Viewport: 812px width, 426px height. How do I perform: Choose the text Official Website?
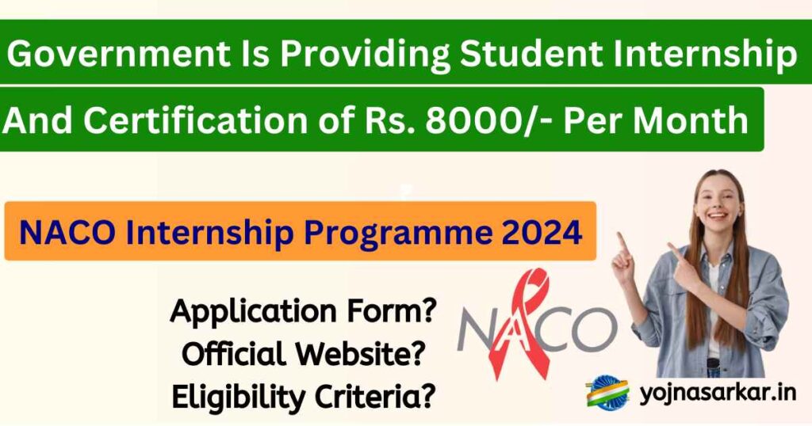303,354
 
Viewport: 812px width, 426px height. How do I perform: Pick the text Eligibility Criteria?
303,394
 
